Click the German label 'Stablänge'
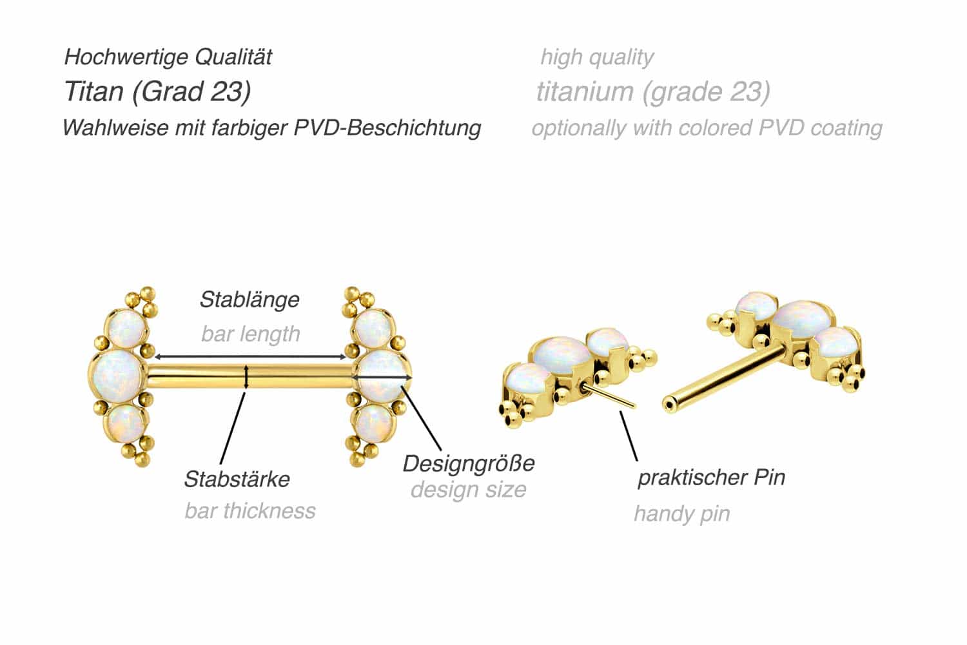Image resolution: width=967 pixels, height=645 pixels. [249, 300]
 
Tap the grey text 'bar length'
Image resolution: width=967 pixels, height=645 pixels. [250, 334]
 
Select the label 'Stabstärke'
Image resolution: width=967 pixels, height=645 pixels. [237, 479]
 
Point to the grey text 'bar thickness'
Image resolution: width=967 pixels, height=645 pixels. [250, 511]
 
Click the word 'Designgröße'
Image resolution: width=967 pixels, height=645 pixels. [469, 464]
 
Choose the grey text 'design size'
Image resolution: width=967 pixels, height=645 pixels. [469, 490]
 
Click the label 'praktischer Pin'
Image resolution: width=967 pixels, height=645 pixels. [712, 477]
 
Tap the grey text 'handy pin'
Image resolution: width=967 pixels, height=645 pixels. [682, 514]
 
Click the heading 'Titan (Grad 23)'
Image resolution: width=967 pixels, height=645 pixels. [157, 92]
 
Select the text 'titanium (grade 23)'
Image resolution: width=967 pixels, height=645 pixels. [653, 92]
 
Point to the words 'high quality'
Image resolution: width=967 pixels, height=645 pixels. [597, 57]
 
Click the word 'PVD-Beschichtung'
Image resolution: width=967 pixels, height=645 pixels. [387, 128]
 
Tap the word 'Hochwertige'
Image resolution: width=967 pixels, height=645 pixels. [126, 57]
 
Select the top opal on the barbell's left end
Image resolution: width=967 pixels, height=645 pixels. [126, 330]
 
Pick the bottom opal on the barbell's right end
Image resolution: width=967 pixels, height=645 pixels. [374, 423]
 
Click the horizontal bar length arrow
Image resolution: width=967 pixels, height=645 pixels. [250, 357]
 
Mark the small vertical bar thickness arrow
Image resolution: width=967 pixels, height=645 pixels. [246, 376]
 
